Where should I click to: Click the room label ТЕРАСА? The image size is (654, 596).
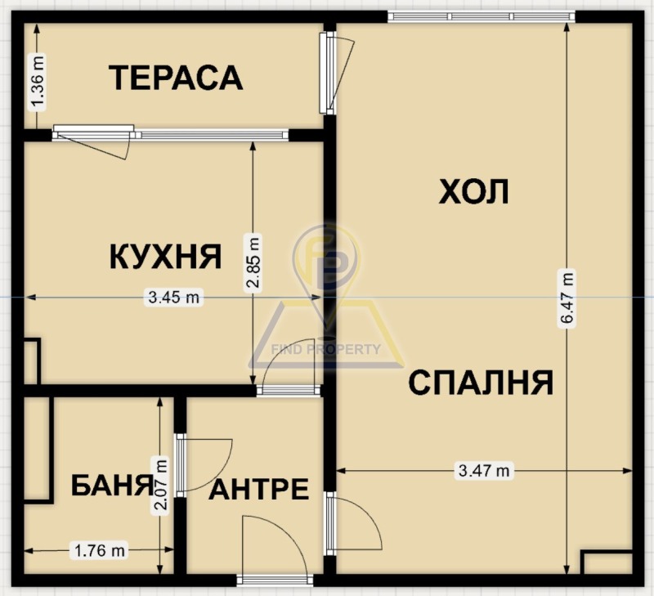tap(176, 78)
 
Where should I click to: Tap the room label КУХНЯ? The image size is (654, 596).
tap(165, 256)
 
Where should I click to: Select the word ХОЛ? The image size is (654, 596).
tap(474, 192)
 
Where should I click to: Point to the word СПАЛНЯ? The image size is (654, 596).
tap(482, 382)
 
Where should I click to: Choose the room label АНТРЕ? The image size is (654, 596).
tap(259, 490)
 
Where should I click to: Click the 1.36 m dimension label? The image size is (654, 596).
tap(37, 81)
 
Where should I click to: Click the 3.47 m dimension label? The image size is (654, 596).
tap(485, 470)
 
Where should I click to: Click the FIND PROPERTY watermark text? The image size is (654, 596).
tap(325, 350)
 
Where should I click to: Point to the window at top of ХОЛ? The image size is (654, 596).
tap(481, 16)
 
